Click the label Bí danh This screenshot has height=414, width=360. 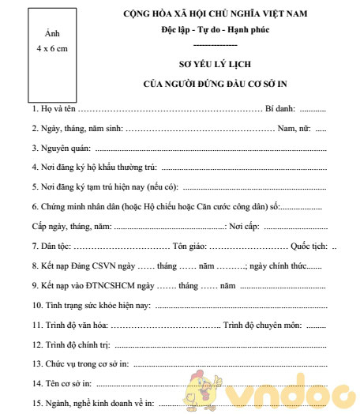click(280, 107)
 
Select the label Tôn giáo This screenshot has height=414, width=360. click(193, 246)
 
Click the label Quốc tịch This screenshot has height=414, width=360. click(308, 246)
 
